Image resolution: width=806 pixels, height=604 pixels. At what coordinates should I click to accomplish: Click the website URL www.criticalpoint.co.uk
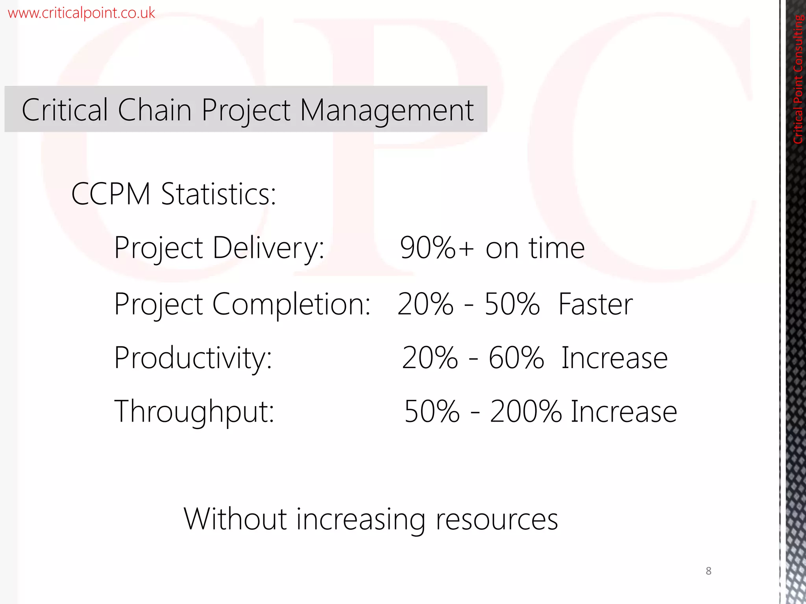pos(81,13)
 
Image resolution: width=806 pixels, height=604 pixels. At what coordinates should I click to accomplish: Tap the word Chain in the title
pos(154,110)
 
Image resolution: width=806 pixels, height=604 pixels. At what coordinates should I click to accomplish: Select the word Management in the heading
pos(386,110)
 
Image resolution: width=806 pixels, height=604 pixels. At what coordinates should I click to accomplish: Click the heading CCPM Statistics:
pos(174,194)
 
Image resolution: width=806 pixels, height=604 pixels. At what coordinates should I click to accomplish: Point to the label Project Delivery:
pos(219,248)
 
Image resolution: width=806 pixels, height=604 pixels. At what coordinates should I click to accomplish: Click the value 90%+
pos(436,248)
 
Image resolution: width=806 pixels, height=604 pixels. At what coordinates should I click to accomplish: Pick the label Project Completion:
pos(242,304)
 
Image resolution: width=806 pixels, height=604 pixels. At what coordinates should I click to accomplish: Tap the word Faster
pos(595,304)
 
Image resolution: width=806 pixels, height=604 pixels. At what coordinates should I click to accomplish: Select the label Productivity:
pos(193,358)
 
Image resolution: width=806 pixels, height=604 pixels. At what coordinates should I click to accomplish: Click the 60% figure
pos(516,358)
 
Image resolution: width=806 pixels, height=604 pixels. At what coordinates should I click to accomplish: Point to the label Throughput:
pos(194,411)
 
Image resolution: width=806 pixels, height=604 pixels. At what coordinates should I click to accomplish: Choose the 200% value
pos(526,411)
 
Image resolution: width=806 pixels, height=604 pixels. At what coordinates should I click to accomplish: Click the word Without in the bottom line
pos(235,519)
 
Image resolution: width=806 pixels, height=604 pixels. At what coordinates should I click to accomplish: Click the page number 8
pos(708,571)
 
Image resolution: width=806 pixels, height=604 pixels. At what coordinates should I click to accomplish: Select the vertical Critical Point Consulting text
pos(798,79)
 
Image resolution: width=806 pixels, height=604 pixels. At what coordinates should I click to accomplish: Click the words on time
pos(535,248)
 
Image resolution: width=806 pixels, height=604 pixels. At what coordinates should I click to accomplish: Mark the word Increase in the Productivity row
pos(614,358)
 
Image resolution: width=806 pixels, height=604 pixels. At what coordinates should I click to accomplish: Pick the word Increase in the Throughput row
pos(624,411)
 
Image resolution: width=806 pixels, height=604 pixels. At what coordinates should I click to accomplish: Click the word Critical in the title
pos(65,110)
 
